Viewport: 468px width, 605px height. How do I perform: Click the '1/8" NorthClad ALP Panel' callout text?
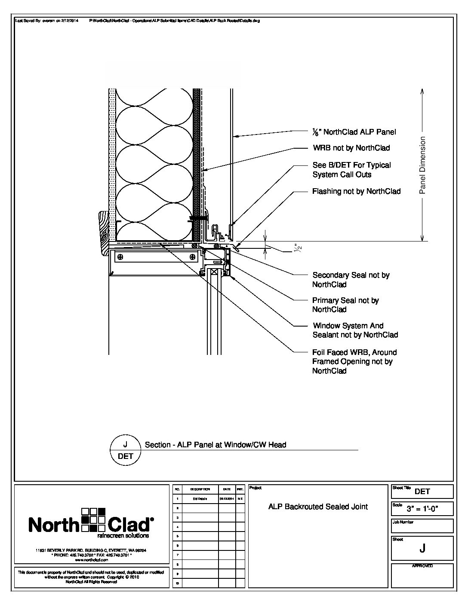point(354,132)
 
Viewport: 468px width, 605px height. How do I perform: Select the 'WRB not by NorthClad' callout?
point(351,148)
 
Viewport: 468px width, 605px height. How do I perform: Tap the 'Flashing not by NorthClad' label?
point(356,191)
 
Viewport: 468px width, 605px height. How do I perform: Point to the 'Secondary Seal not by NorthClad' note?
point(351,280)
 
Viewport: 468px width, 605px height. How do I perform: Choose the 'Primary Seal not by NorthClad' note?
point(345,305)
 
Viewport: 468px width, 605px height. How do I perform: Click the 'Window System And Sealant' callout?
point(355,330)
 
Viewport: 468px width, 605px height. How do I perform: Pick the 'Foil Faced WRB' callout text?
point(354,361)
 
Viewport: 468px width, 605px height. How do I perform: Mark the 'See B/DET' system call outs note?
point(351,170)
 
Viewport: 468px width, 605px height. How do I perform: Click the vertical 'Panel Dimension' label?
point(422,165)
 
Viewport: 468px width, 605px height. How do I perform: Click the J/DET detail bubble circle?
point(125,450)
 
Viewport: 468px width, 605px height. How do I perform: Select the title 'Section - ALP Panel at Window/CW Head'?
point(215,445)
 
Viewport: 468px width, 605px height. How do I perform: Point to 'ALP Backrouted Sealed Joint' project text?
point(318,507)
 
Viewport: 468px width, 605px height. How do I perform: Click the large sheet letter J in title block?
point(422,548)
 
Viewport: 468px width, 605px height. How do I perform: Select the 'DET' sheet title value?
point(422,492)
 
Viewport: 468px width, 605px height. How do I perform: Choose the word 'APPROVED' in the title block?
point(422,566)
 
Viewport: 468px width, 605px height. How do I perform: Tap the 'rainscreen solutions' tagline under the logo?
point(123,536)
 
